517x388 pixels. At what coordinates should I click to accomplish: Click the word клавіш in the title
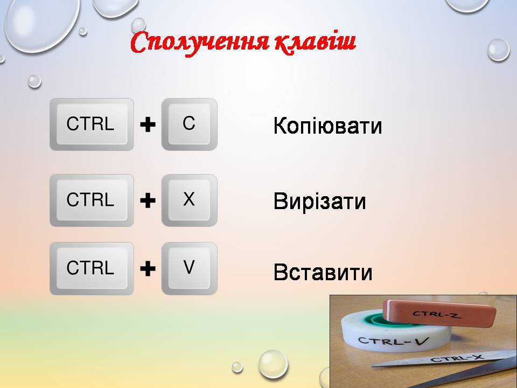[x=315, y=42]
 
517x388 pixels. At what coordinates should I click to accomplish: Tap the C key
[x=189, y=124]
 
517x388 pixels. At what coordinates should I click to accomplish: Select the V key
[x=189, y=268]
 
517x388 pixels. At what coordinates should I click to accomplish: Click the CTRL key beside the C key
[x=92, y=124]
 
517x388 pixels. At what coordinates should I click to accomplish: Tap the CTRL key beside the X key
[x=92, y=200]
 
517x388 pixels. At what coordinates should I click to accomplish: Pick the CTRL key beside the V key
[x=92, y=268]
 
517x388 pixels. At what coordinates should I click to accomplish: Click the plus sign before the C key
[x=148, y=125]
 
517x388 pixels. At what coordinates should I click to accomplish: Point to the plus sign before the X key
[x=148, y=201]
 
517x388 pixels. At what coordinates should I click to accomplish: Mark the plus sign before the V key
[x=148, y=269]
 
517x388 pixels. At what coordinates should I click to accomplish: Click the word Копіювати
[x=328, y=126]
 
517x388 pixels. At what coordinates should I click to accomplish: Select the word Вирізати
[x=320, y=202]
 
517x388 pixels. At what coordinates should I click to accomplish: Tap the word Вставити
[x=323, y=272]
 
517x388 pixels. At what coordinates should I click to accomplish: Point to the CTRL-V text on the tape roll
[x=393, y=341]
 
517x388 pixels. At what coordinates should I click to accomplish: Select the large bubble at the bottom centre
[x=273, y=364]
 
